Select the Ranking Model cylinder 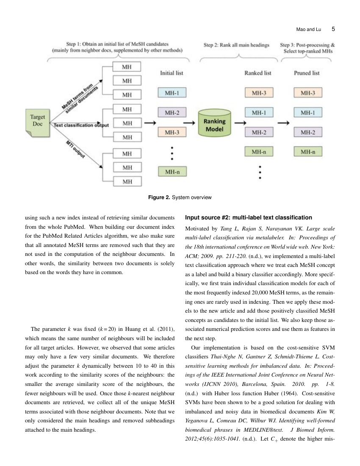tap(215, 123)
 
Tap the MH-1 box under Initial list tap(172, 92)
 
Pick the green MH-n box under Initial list tap(172, 172)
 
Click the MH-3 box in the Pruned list tap(307, 92)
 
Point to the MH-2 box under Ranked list tap(259, 133)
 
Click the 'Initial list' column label tap(172, 73)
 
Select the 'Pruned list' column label tap(307, 73)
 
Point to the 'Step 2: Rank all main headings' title tap(236, 45)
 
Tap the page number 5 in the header tap(333, 29)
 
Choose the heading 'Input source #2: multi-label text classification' tap(249, 218)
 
